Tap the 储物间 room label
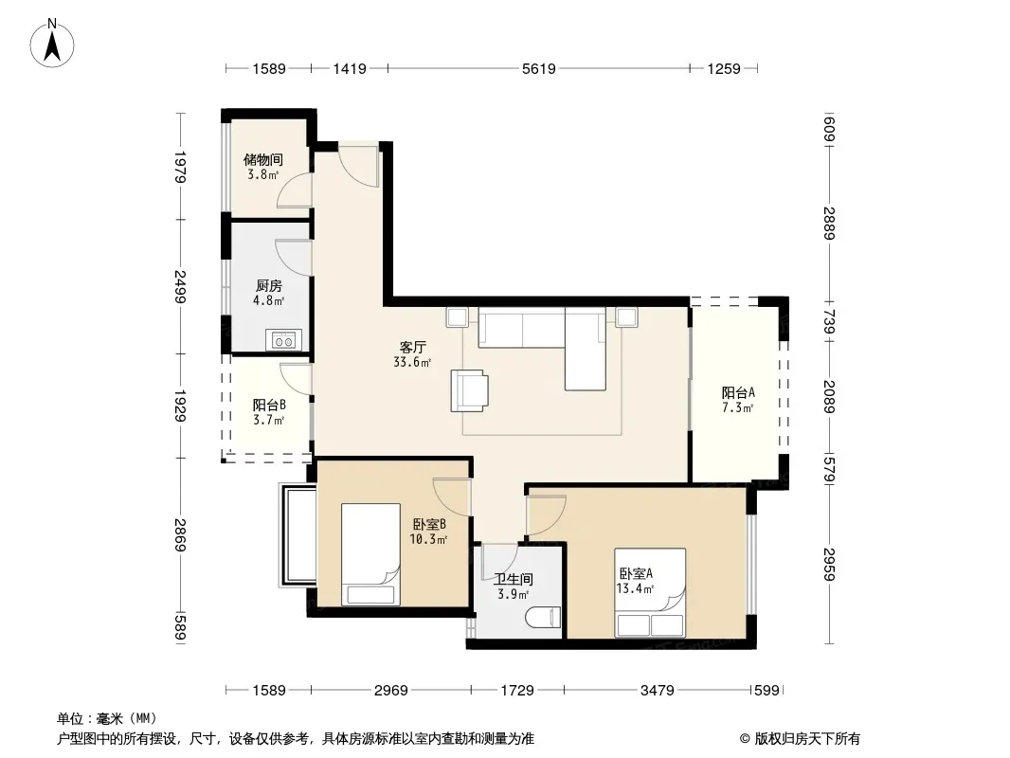(262, 159)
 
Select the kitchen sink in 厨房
(283, 340)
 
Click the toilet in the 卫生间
(543, 619)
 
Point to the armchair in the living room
(469, 389)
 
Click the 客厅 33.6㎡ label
(412, 355)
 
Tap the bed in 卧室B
(370, 554)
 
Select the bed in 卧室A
(649, 592)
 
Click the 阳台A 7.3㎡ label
(737, 400)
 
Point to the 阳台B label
(269, 406)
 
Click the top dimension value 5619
(538, 68)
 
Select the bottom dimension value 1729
(517, 691)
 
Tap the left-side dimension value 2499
(180, 286)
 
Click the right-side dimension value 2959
(829, 564)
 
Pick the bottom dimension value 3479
(657, 691)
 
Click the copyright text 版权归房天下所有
(807, 739)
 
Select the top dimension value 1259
(724, 68)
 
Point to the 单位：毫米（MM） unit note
(107, 718)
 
